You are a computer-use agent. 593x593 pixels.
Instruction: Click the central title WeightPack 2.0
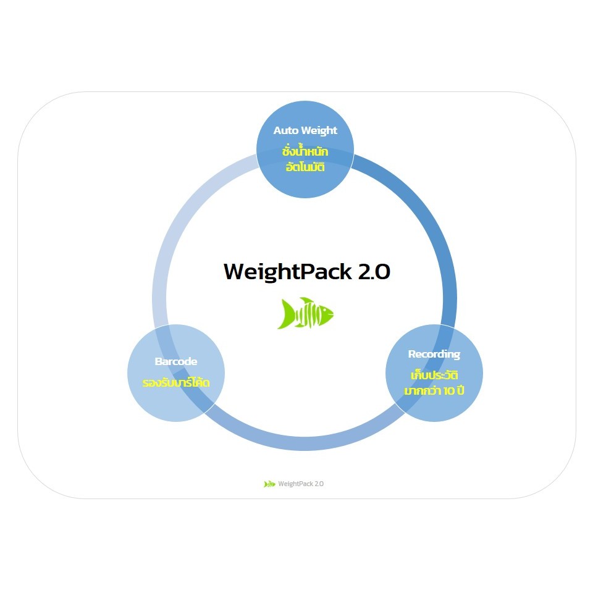(x=307, y=272)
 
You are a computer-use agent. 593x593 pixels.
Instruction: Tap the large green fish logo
(x=305, y=313)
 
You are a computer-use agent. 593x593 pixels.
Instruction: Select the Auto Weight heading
(x=305, y=130)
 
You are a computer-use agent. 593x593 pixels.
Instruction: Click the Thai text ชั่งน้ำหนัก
(x=305, y=151)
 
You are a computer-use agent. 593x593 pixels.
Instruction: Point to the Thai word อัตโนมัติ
(x=305, y=167)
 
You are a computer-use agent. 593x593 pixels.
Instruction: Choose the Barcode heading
(x=176, y=361)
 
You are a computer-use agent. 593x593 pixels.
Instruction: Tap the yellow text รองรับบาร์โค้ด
(x=176, y=382)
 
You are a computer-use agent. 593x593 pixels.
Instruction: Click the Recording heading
(x=434, y=354)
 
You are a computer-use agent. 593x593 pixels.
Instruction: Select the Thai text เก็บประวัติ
(x=434, y=375)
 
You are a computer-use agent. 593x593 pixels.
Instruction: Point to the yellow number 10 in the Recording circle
(x=450, y=391)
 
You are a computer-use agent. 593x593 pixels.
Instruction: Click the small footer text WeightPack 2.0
(x=301, y=484)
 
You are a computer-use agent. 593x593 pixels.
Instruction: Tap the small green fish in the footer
(x=269, y=484)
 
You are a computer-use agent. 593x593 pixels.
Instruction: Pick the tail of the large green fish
(x=285, y=314)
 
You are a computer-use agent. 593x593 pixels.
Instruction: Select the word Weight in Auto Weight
(x=319, y=130)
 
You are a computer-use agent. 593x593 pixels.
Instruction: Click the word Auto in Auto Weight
(x=286, y=130)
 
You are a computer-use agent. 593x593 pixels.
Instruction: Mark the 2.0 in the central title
(x=374, y=272)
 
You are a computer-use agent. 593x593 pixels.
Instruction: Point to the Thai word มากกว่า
(x=423, y=391)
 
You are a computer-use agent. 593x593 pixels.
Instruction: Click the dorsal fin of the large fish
(x=305, y=301)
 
